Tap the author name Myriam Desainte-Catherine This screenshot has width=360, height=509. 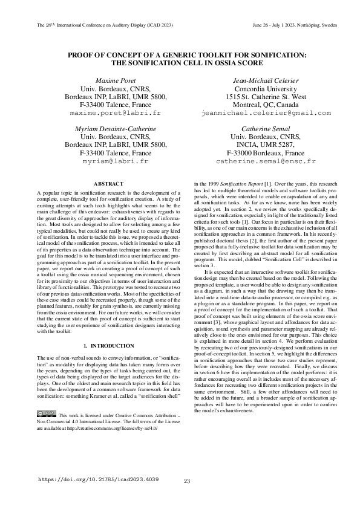(115, 129)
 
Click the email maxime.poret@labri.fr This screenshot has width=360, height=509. (115, 113)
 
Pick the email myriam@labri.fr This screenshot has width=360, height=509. (115, 162)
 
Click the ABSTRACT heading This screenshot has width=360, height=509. (110, 183)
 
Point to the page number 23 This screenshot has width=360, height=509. (187, 481)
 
